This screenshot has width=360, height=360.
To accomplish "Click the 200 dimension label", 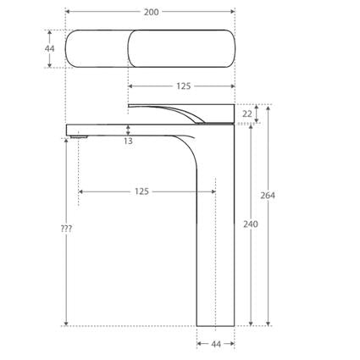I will [x=150, y=11].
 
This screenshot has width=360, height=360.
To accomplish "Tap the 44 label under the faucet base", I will [x=215, y=344].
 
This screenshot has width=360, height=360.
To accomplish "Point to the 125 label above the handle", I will [x=181, y=86].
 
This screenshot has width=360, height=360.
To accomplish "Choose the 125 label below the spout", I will [x=141, y=191].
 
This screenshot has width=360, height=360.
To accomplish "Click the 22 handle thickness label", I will [x=246, y=114].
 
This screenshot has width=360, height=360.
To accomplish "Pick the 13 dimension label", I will [x=128, y=141].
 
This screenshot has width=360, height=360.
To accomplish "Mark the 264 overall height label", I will [x=268, y=196].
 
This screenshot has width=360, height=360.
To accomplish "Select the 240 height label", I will [x=250, y=224].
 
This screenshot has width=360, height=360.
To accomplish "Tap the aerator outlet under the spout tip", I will [x=79, y=135].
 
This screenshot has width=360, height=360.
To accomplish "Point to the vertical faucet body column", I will [x=215, y=237].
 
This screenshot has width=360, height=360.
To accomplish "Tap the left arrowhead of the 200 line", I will [x=68, y=11].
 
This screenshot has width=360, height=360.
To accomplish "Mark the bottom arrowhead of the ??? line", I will [x=66, y=323].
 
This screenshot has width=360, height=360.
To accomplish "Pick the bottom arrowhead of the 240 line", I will [x=251, y=323].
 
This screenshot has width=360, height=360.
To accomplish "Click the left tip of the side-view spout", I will [x=68, y=128].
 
